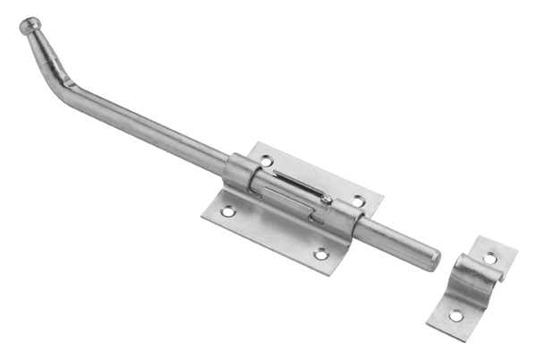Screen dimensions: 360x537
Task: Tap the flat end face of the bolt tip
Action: [435, 261]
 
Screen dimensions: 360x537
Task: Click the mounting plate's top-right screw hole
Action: [358, 201]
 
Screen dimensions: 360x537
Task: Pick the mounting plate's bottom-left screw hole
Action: [227, 212]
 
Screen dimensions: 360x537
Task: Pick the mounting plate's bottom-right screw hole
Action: [320, 255]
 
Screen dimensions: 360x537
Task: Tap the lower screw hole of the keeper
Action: [456, 315]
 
